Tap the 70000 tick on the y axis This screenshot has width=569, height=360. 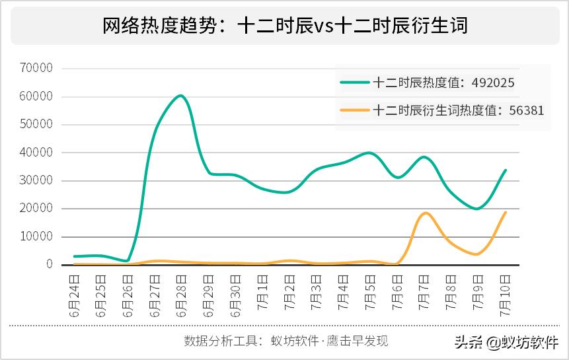tap(36, 68)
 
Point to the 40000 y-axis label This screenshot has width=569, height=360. tap(36, 153)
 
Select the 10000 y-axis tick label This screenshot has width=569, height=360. tap(36, 236)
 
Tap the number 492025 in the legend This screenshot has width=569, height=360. tap(492, 83)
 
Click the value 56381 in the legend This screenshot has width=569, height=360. tap(527, 110)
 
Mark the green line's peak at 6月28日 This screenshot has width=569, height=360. tap(180, 96)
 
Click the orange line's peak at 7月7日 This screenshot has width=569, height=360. tap(425, 213)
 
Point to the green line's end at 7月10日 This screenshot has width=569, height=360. tap(506, 170)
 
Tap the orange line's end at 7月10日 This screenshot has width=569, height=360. tap(506, 213)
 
